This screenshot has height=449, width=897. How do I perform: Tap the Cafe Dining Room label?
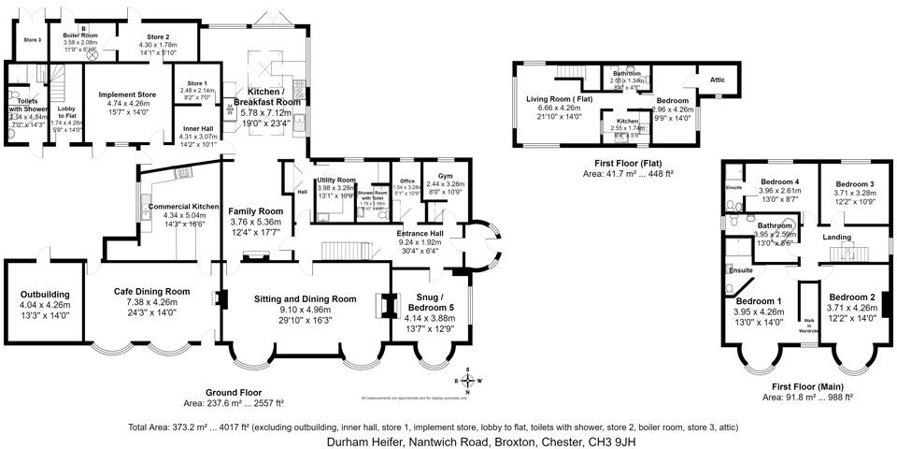pyautogui.click(x=151, y=291)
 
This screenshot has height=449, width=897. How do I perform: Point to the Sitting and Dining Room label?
pyautogui.click(x=306, y=298)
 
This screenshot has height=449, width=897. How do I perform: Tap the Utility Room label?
pyautogui.click(x=335, y=180)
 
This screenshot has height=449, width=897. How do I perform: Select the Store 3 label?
pyautogui.click(x=31, y=40)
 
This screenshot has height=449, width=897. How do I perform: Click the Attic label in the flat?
pyautogui.click(x=718, y=80)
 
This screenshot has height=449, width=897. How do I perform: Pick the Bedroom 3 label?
pyautogui.click(x=854, y=184)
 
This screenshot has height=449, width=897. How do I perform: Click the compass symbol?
pyautogui.click(x=467, y=380)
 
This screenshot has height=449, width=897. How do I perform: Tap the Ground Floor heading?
pyautogui.click(x=234, y=392)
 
